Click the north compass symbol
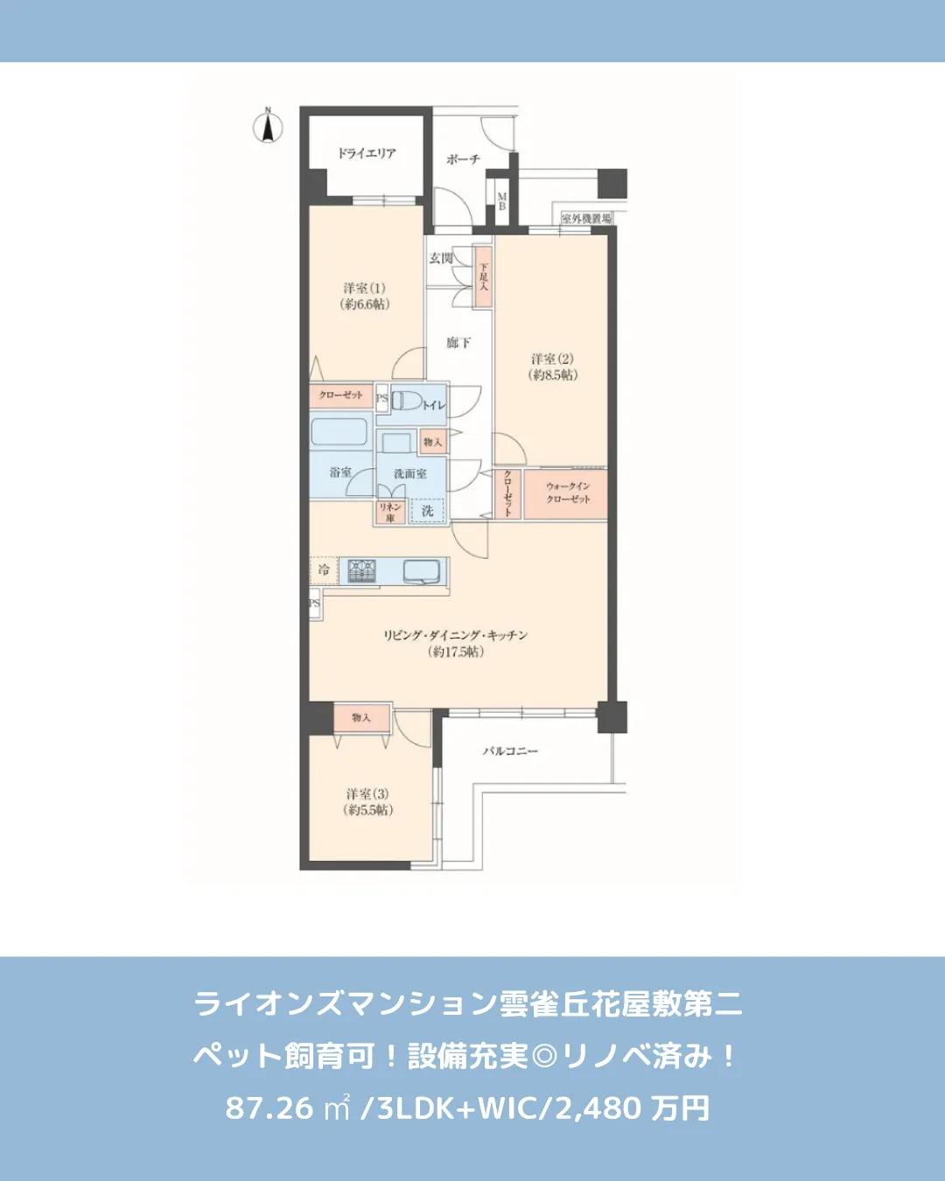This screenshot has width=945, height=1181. click(x=269, y=127)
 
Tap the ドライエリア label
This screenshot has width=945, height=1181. click(x=367, y=153)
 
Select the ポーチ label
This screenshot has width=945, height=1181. click(x=463, y=159)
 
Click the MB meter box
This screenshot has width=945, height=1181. click(x=502, y=201)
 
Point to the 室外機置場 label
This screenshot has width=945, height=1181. click(x=586, y=218)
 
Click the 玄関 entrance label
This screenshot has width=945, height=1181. click(x=441, y=258)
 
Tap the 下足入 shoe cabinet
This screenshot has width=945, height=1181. click(x=483, y=276)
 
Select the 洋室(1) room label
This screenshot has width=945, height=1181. click(x=365, y=296)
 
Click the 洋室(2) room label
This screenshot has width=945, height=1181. click(x=553, y=367)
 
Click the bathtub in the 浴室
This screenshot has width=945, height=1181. click(x=339, y=433)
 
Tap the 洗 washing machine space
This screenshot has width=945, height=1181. click(x=427, y=510)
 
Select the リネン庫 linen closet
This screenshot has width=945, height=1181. click(x=390, y=512)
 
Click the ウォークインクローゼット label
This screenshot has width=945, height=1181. click(x=568, y=493)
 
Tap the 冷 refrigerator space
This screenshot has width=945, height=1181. click(x=324, y=570)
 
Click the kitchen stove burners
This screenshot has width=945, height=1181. click(x=362, y=571)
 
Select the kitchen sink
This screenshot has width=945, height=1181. click(x=423, y=571)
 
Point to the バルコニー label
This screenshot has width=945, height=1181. click(x=510, y=751)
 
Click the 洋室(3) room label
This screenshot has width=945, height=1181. click(x=367, y=801)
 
